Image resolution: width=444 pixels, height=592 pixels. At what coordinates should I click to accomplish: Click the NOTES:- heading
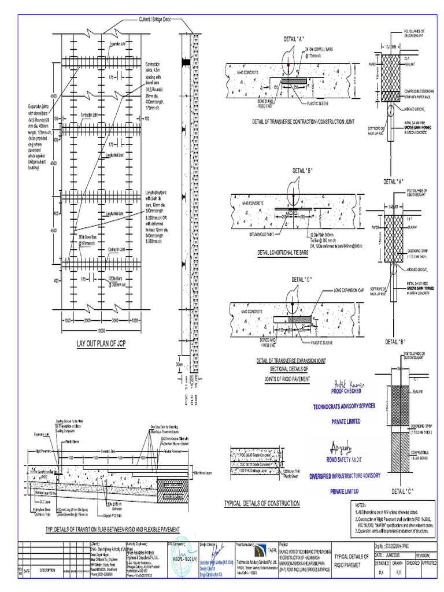point(361,504)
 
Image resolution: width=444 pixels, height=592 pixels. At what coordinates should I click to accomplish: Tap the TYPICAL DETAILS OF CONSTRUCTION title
point(262,504)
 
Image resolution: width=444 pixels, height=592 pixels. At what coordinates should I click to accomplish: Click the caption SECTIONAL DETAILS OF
point(290,368)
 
